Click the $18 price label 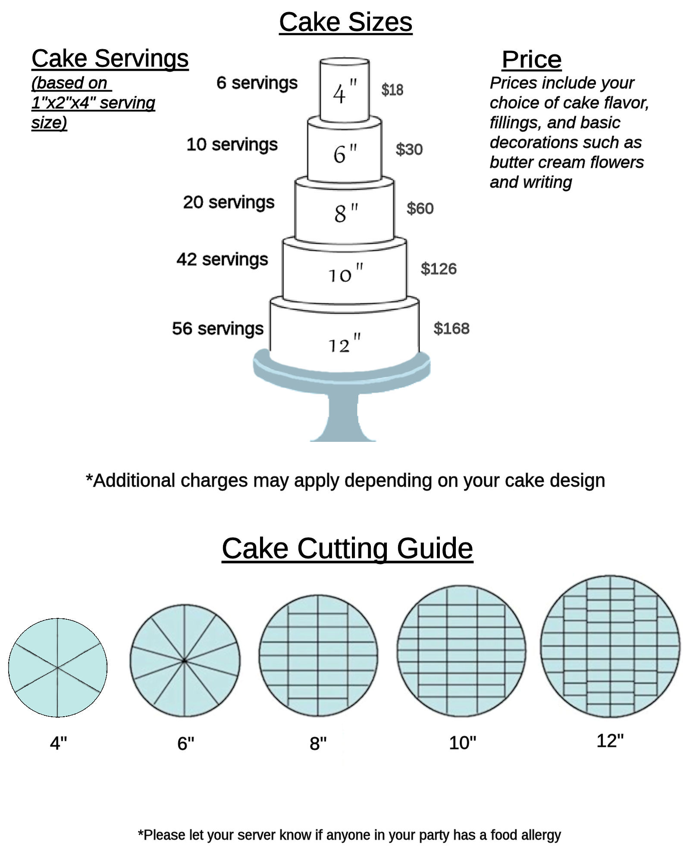click(392, 90)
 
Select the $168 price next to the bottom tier click(451, 328)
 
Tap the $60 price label click(420, 208)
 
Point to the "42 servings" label click(222, 259)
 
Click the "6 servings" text click(257, 83)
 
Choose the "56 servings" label click(218, 328)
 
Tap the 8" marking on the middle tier click(346, 213)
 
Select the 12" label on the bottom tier click(345, 343)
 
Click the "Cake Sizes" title click(345, 22)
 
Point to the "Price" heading click(531, 59)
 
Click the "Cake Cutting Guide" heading click(347, 548)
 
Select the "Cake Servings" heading click(110, 58)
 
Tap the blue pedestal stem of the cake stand click(343, 416)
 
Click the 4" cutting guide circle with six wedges click(58, 668)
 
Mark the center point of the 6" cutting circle click(185, 661)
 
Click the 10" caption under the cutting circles click(462, 743)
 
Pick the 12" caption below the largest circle click(610, 741)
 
